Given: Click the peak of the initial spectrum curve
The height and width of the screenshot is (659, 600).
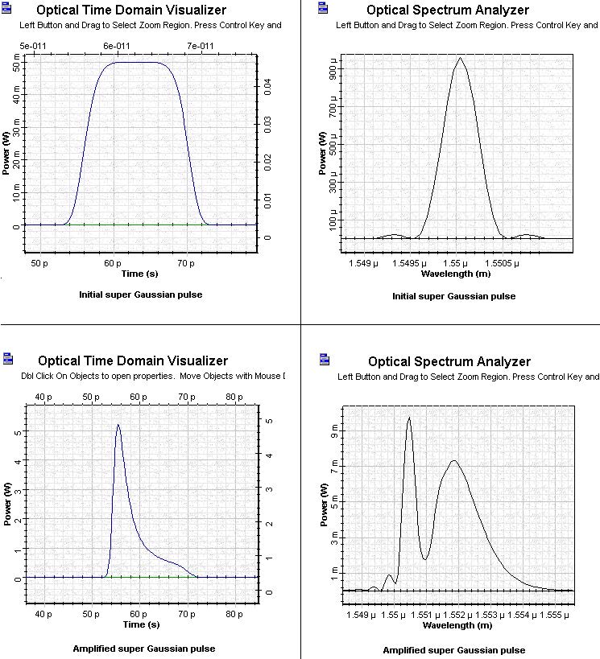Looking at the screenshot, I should (459, 58).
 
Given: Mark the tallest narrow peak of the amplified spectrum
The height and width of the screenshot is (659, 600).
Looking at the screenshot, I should (409, 417).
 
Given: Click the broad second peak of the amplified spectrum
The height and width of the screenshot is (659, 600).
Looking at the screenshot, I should (454, 460).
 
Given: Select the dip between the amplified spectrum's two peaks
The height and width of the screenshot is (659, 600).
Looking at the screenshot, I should (424, 558).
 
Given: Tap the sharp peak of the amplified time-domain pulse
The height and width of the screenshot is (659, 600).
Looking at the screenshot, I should (118, 425).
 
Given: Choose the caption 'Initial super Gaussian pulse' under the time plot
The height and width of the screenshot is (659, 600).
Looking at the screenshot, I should (140, 294).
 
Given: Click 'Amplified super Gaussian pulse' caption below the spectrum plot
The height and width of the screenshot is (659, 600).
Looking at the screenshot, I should (453, 650).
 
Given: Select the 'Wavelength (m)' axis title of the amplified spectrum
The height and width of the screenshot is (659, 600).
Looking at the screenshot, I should (456, 625).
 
